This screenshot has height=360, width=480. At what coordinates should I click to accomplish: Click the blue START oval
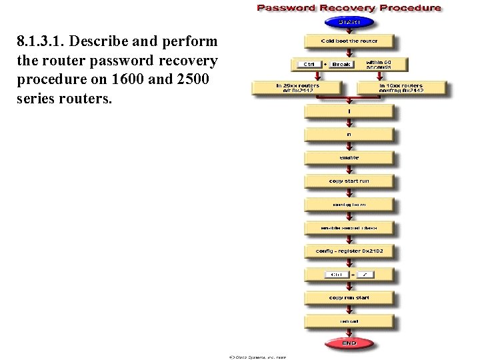click(x=349, y=22)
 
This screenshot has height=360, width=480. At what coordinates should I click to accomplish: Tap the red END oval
click(x=349, y=343)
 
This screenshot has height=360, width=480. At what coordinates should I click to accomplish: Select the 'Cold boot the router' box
click(x=349, y=41)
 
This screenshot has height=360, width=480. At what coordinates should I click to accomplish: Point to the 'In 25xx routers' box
click(x=297, y=88)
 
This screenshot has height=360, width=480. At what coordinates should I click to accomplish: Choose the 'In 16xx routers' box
click(x=401, y=88)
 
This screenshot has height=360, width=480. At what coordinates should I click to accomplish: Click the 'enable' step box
click(x=349, y=158)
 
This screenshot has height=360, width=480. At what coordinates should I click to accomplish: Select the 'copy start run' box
click(x=349, y=181)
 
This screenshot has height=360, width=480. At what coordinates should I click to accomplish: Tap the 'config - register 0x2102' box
click(x=349, y=251)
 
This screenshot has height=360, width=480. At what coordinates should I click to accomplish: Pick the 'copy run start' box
click(x=349, y=298)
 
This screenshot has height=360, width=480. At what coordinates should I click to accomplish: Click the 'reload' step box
click(x=349, y=321)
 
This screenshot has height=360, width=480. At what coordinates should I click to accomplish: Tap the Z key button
click(x=367, y=275)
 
